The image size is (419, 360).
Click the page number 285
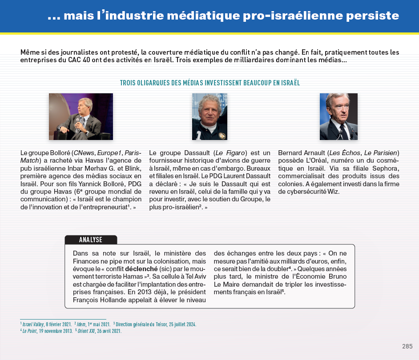(x=407, y=347)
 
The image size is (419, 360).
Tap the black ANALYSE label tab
(x=91, y=240)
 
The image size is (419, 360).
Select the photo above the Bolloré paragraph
(x=81, y=116)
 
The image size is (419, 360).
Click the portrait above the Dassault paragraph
(x=209, y=116)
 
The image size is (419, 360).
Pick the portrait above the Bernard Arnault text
(x=338, y=116)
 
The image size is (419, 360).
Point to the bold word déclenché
(x=141, y=269)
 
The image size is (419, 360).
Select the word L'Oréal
(x=322, y=161)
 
